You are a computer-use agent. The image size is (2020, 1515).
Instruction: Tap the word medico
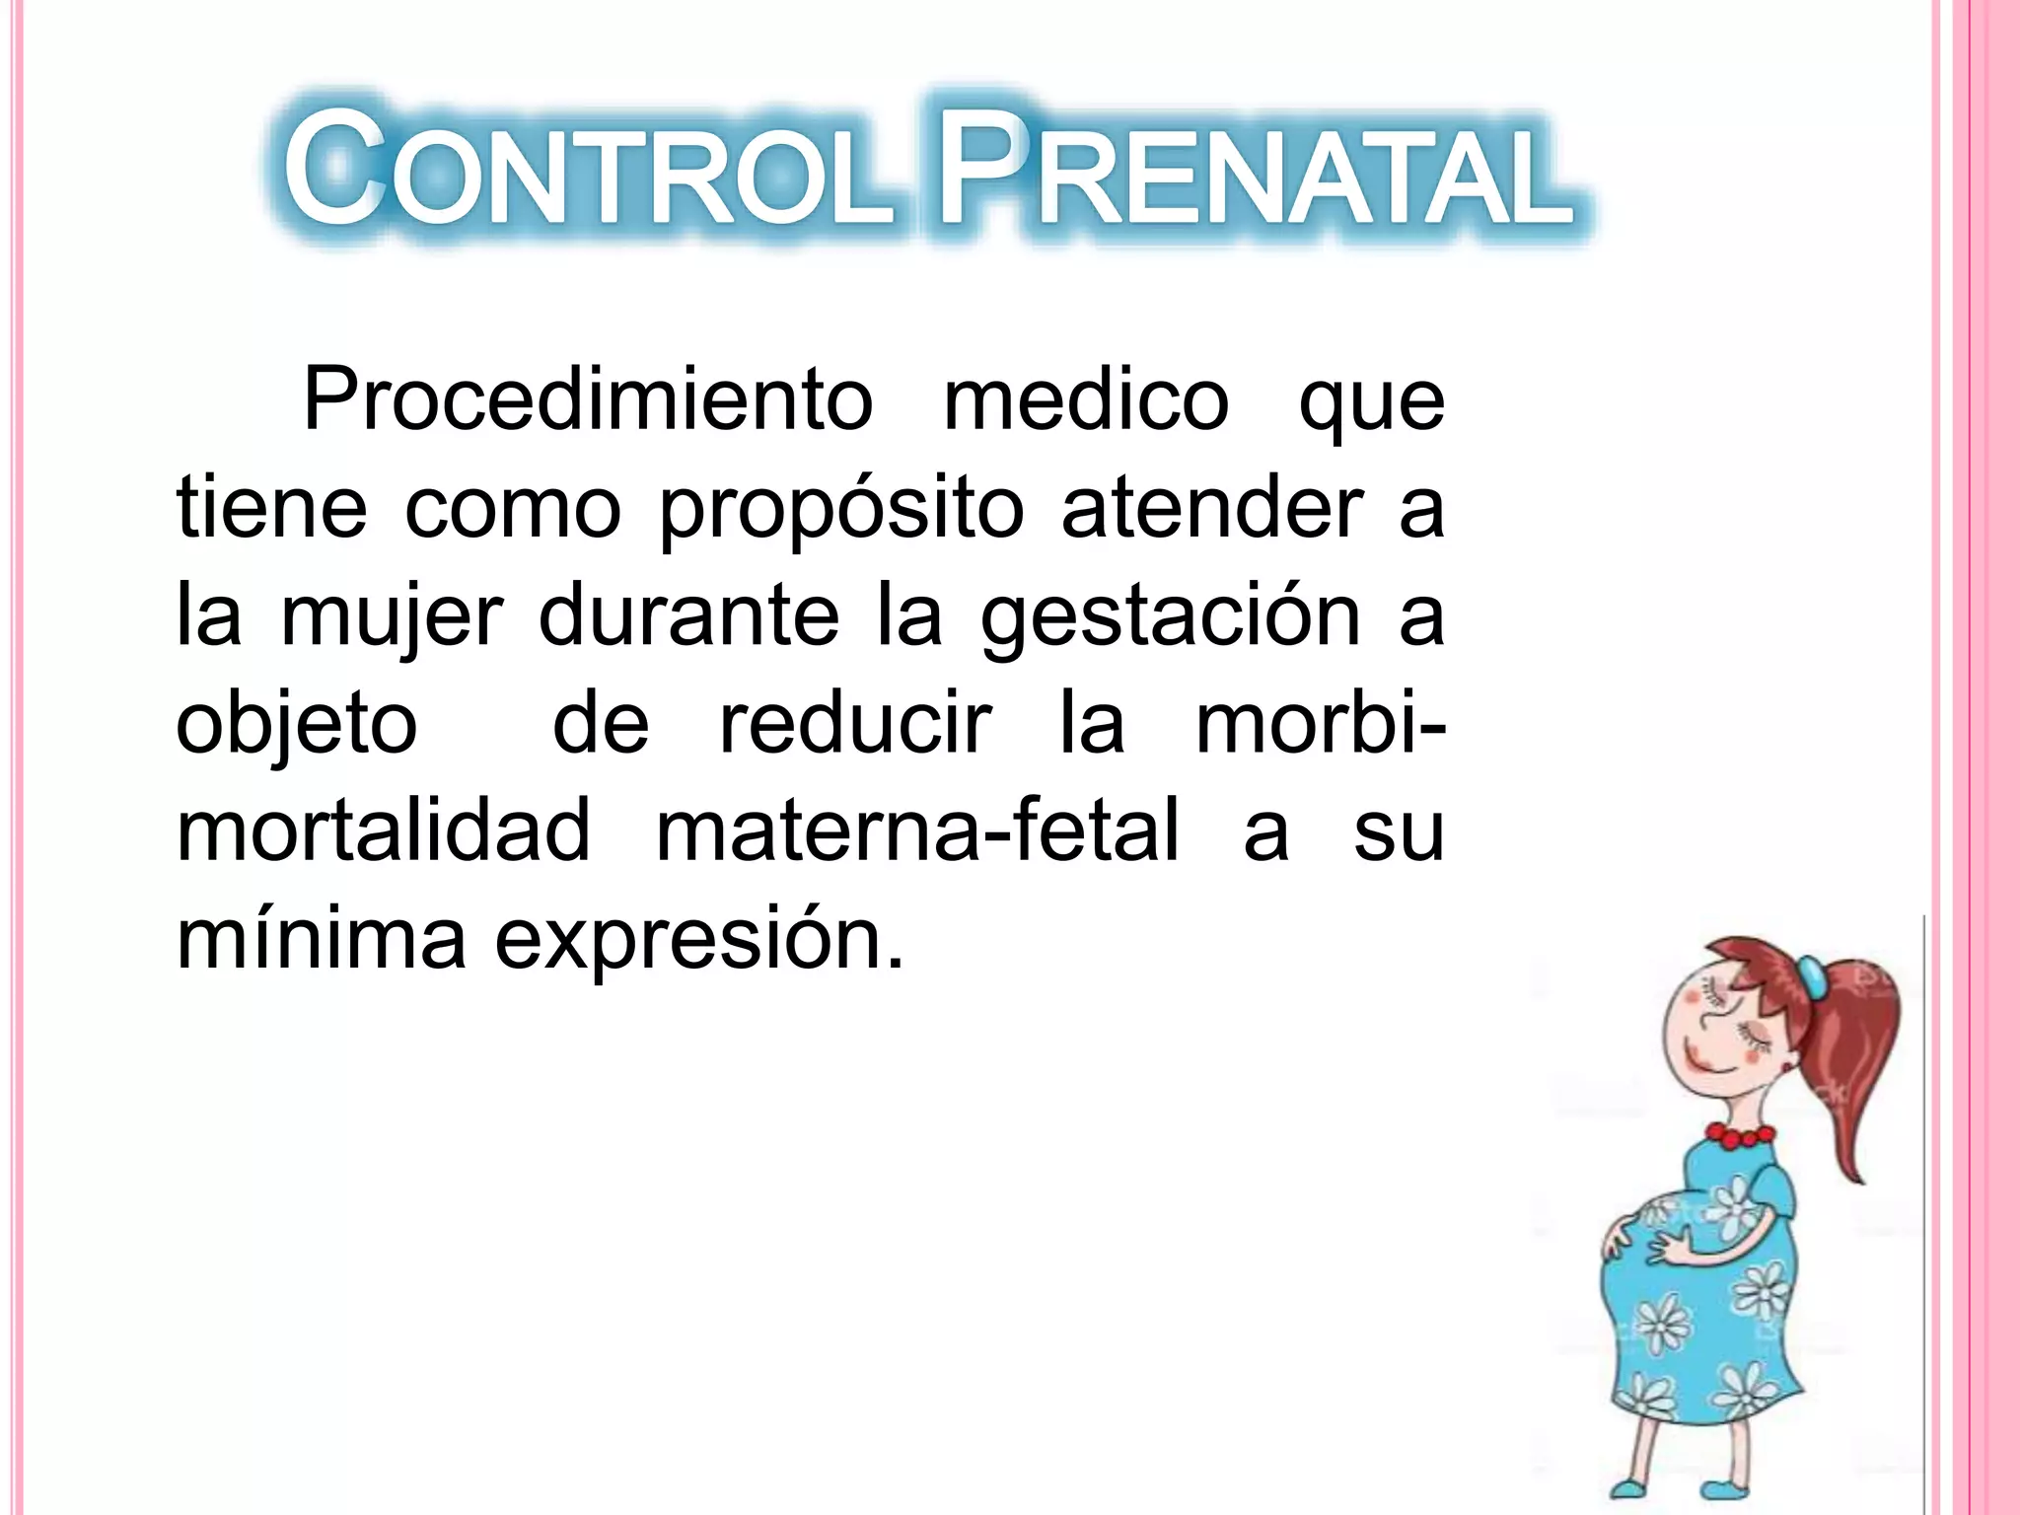[1086, 400]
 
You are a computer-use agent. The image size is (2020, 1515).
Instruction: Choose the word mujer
[392, 619]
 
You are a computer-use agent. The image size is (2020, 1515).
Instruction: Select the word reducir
[854, 724]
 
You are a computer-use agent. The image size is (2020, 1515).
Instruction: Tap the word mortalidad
[383, 830]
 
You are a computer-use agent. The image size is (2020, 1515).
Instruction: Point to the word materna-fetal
[917, 830]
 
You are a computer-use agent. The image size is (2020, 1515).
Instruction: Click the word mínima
[321, 939]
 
